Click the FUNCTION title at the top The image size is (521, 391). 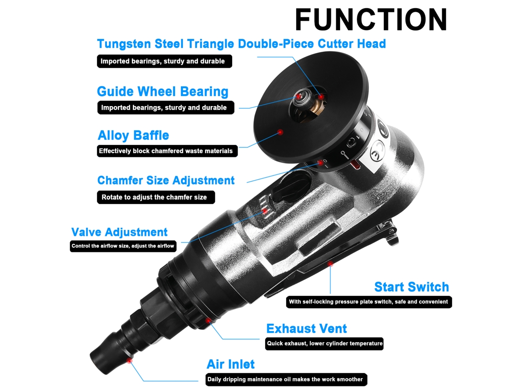click(371, 20)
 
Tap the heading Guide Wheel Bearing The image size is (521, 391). click(163, 91)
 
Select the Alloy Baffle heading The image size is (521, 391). click(133, 135)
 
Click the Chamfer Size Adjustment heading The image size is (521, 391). click(166, 180)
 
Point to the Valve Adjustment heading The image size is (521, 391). click(119, 232)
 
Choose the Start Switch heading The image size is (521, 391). click(411, 287)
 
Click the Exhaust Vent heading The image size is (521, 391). click(306, 328)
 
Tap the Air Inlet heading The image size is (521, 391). click(231, 364)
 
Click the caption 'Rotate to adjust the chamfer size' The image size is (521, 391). click(154, 197)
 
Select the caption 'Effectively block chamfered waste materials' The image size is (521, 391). click(166, 151)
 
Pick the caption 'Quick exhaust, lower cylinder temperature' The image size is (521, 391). click(324, 343)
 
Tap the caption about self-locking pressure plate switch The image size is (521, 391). click(368, 302)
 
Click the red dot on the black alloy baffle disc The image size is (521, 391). click(281, 132)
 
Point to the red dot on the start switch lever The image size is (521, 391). click(330, 264)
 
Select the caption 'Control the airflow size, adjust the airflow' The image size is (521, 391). click(122, 246)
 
